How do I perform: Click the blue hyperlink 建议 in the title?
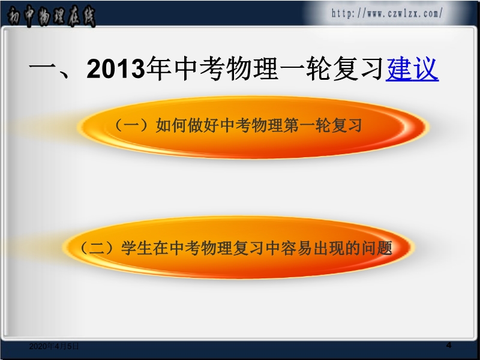coord(412,68)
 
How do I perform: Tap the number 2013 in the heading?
coord(115,68)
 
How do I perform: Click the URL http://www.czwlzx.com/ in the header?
coord(387,13)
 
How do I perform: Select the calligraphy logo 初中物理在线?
coord(51,16)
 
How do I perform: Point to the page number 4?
coord(449,345)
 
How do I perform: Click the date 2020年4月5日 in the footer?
coord(54,346)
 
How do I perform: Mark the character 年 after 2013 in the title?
coord(158,68)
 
